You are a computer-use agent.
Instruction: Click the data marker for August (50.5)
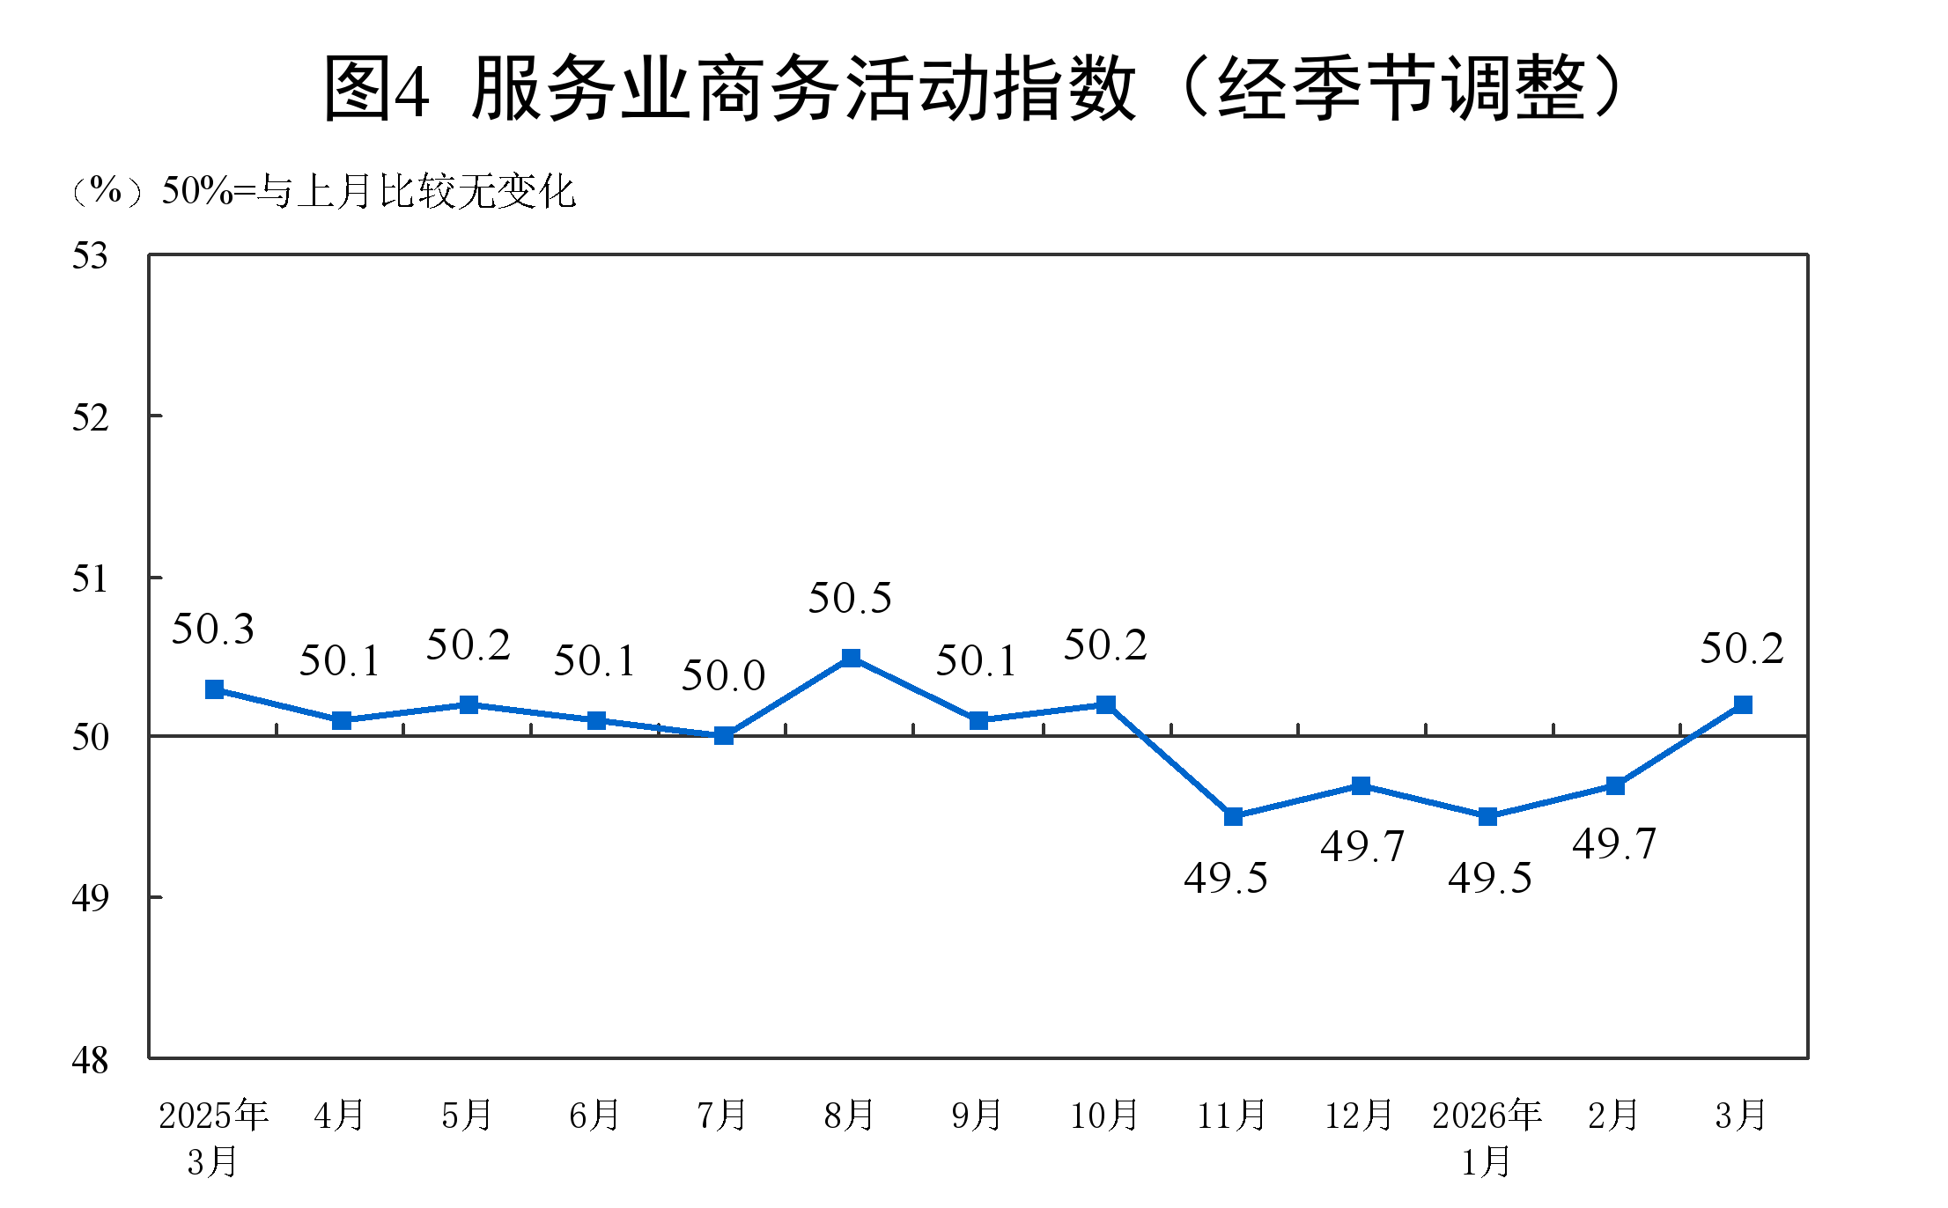(x=851, y=658)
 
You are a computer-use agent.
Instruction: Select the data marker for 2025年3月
(x=214, y=689)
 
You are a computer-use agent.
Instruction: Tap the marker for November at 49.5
(x=1233, y=816)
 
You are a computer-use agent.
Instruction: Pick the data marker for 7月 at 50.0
(x=724, y=735)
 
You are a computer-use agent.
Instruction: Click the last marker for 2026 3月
(x=1742, y=704)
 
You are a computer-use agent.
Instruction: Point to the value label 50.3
(x=212, y=630)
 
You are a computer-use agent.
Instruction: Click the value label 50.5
(x=850, y=599)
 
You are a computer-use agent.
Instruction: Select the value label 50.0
(x=723, y=676)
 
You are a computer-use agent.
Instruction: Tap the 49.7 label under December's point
(x=1361, y=847)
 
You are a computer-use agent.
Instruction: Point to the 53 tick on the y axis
(x=90, y=256)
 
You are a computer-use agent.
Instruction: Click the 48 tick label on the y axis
(x=90, y=1060)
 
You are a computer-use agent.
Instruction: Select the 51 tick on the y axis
(x=90, y=578)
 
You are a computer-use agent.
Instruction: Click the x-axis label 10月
(x=1104, y=1116)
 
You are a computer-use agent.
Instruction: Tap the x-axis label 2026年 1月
(x=1487, y=1138)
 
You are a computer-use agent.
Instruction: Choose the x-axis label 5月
(x=467, y=1116)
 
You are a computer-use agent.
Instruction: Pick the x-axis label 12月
(x=1359, y=1116)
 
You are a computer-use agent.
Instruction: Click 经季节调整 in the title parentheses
(x=1400, y=88)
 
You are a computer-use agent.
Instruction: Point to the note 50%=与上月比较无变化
(x=368, y=191)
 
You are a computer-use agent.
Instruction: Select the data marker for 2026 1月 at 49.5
(x=1487, y=816)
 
